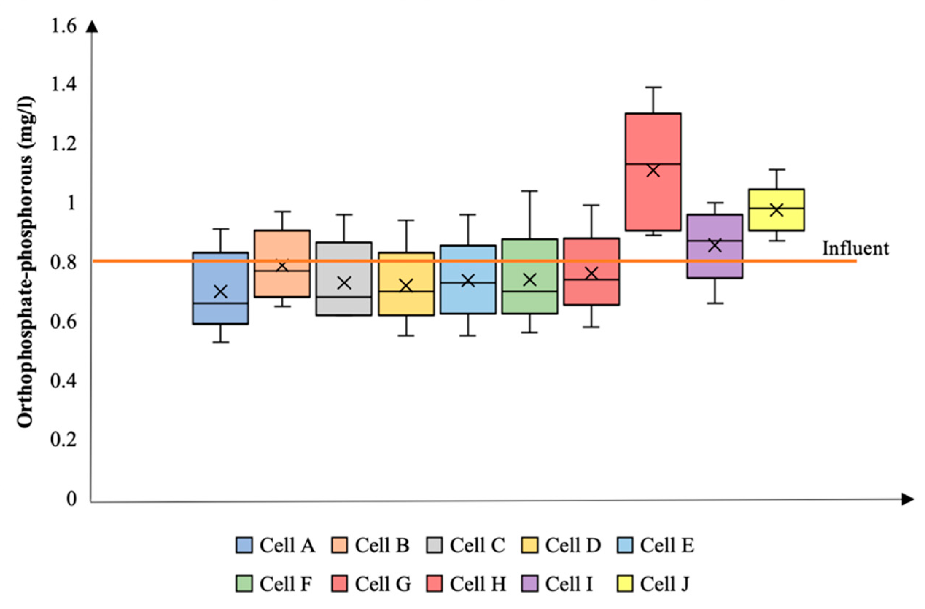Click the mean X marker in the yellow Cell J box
click(776, 210)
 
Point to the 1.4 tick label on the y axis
click(63, 85)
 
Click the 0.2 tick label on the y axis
click(63, 439)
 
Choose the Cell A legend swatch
click(244, 546)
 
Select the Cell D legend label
click(573, 546)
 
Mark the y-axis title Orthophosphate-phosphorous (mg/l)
click(26, 262)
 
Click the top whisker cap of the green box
click(529, 191)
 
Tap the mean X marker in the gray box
click(344, 283)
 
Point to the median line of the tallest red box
click(653, 164)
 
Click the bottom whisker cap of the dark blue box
click(221, 342)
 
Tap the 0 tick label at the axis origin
click(71, 499)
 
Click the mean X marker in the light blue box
click(468, 280)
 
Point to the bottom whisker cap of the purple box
click(715, 303)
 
